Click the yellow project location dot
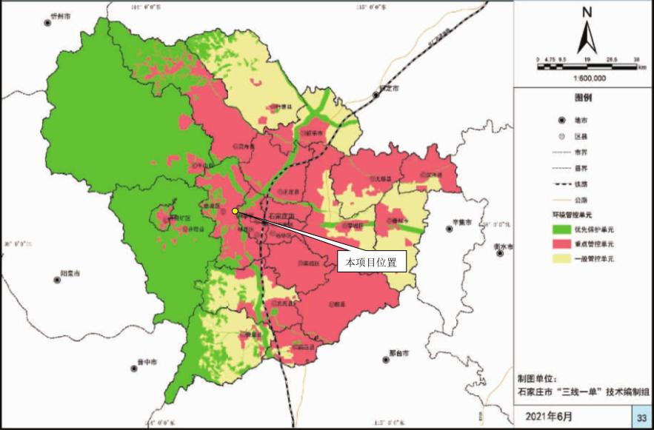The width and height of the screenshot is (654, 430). [236, 211]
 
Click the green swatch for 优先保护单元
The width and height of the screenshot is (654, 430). [564, 229]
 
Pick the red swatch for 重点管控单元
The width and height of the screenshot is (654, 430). [564, 243]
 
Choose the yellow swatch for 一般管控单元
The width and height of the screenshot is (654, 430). [564, 259]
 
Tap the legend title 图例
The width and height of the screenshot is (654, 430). [585, 97]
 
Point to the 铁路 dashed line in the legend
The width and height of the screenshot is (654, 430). [564, 185]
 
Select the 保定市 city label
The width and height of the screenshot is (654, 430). [388, 87]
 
